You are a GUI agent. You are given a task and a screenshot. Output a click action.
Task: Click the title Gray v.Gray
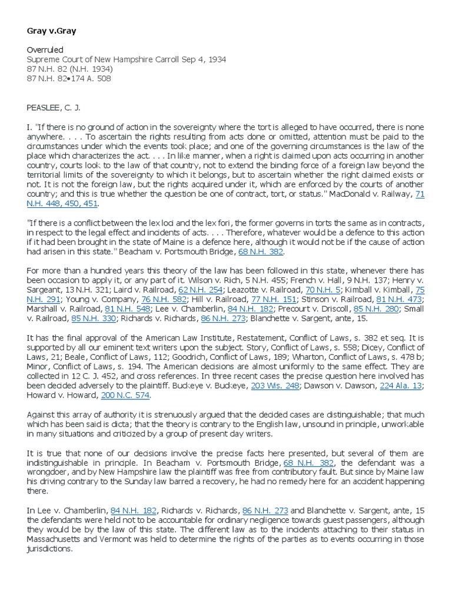[x=52, y=31]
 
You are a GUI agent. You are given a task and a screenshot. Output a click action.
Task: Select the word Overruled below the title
[x=45, y=51]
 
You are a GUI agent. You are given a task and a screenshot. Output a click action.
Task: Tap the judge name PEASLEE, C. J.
[x=54, y=108]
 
